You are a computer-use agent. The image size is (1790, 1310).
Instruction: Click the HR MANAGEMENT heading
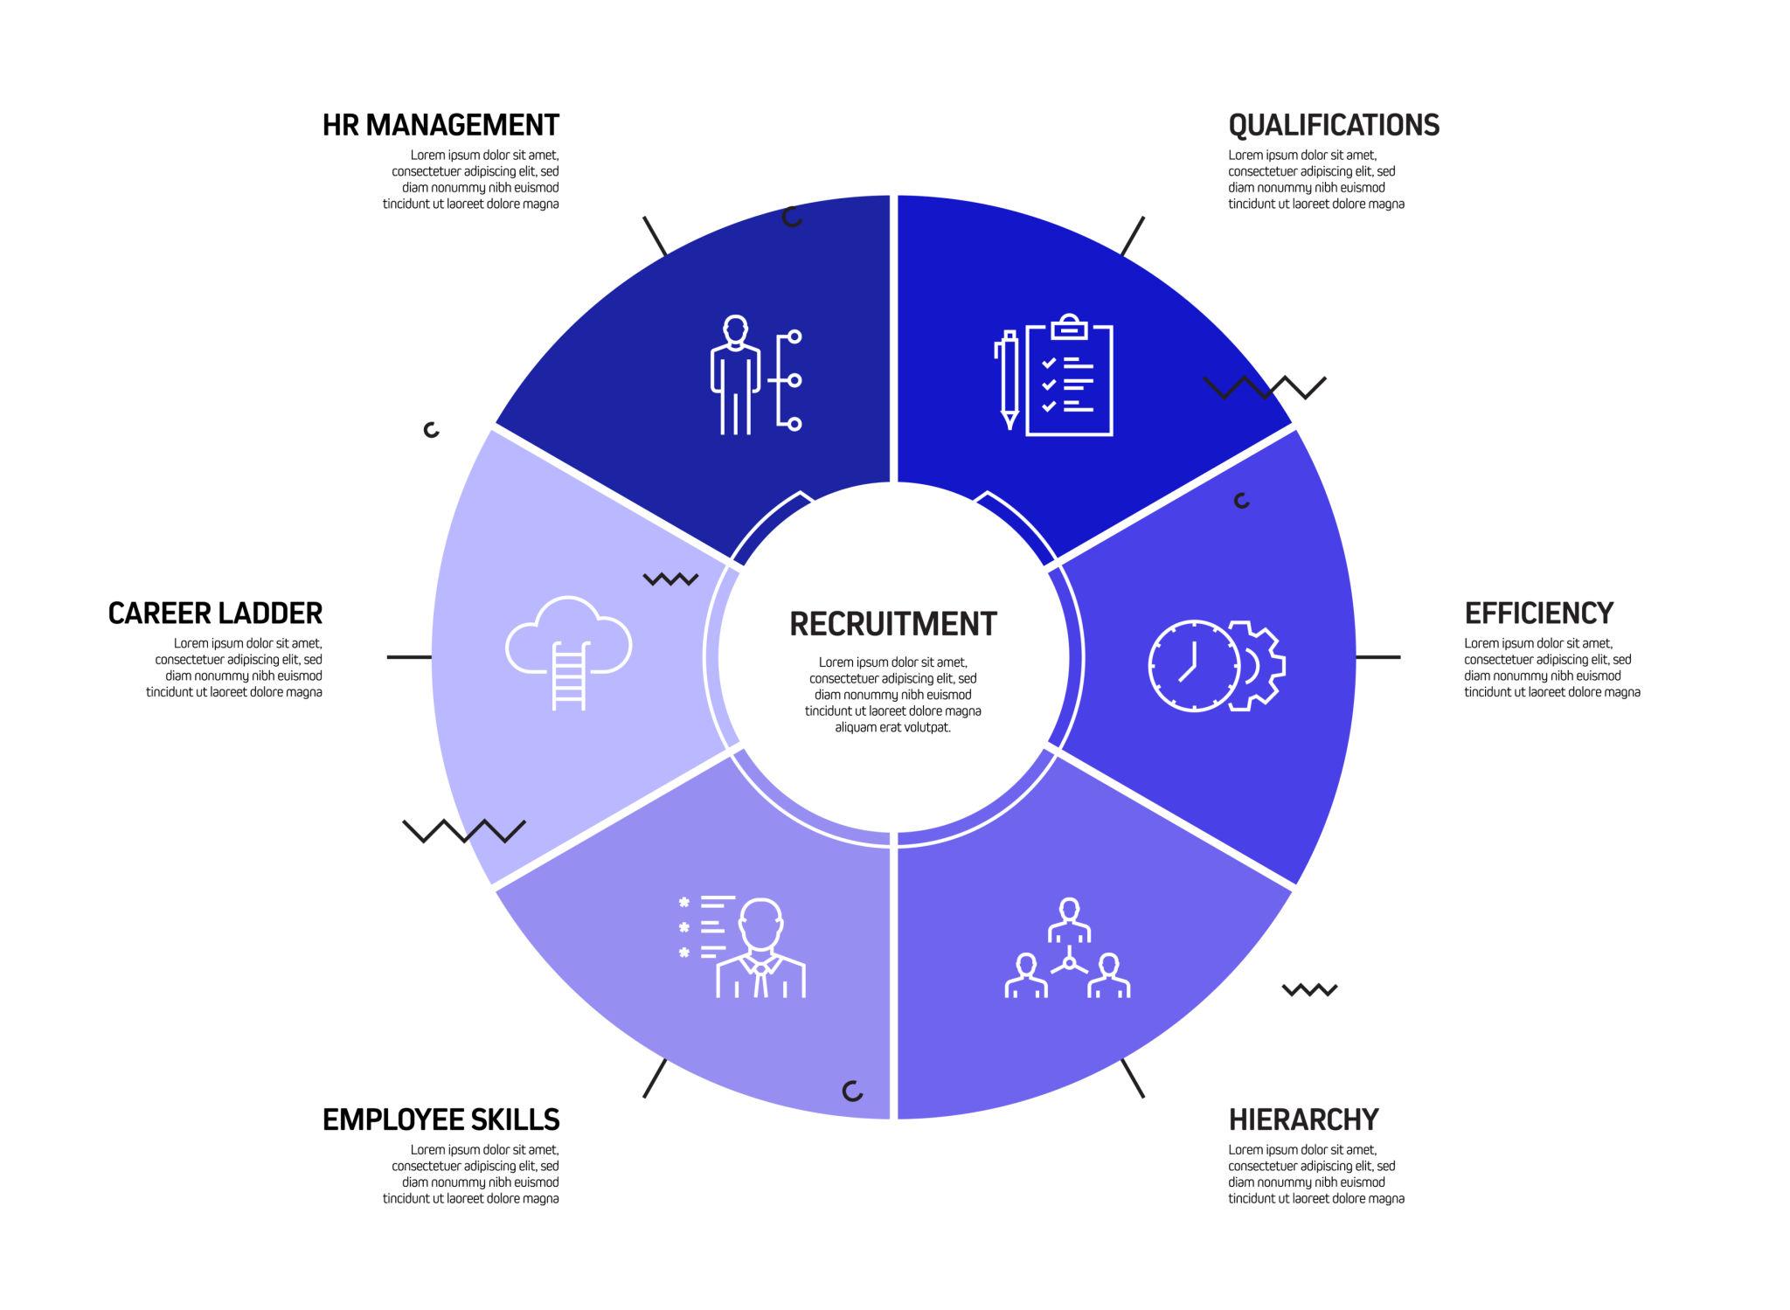point(441,126)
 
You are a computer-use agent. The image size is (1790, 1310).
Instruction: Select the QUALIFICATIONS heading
point(1334,126)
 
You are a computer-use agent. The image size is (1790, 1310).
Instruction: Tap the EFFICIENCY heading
point(1538,613)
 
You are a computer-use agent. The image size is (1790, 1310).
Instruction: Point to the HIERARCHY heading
point(1303,1119)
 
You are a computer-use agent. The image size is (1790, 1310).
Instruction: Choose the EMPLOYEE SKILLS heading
point(441,1119)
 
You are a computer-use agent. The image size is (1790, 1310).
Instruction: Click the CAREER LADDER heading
point(215,613)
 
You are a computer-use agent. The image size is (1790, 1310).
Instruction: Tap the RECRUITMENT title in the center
point(893,624)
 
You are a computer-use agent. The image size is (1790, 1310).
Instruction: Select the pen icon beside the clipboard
point(1009,380)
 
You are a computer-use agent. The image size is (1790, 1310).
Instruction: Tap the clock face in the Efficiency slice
point(1193,666)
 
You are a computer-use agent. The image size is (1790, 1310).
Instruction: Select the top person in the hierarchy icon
point(1068,920)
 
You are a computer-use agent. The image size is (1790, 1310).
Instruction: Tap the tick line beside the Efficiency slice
point(1377,657)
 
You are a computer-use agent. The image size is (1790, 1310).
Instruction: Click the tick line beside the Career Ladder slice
point(409,657)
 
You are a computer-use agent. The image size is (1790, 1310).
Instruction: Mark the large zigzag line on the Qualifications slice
point(1265,388)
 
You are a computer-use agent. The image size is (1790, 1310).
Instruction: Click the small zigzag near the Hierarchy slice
point(1309,990)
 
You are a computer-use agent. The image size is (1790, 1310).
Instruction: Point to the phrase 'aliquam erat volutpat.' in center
point(892,727)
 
